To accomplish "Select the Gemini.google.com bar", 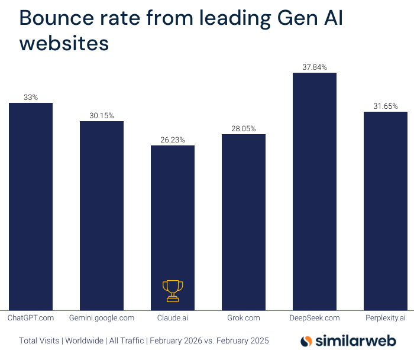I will click(x=102, y=215).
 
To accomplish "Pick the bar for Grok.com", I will click(x=244, y=221).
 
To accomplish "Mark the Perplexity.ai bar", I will click(x=386, y=210).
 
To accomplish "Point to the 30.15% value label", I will click(x=102, y=116).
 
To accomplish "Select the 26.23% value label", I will click(x=173, y=140).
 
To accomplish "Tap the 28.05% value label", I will click(x=244, y=129).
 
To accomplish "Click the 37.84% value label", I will click(x=315, y=67).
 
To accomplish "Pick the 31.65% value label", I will click(x=386, y=106).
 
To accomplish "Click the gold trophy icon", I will click(x=173, y=290).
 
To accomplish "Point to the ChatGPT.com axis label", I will click(x=31, y=318).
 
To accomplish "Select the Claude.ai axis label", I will click(x=173, y=318).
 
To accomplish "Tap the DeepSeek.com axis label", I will click(x=315, y=318).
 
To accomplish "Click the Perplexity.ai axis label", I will click(x=386, y=318).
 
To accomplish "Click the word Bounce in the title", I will click(x=55, y=18).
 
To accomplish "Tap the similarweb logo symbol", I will click(x=306, y=341).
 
